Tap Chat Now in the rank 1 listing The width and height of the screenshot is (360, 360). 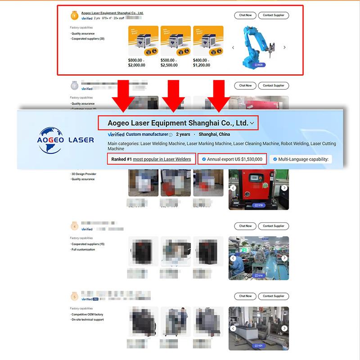point(245,15)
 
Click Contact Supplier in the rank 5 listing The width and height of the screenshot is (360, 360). point(274,296)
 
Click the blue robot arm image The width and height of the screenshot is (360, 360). point(258,46)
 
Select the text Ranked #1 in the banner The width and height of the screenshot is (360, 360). point(120,159)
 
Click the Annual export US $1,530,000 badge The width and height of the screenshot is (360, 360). point(232,159)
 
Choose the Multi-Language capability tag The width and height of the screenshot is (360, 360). point(301,159)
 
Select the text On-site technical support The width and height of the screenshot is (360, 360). point(88,319)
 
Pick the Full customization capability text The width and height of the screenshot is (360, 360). point(84,249)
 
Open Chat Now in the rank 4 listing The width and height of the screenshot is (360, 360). point(245,226)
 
